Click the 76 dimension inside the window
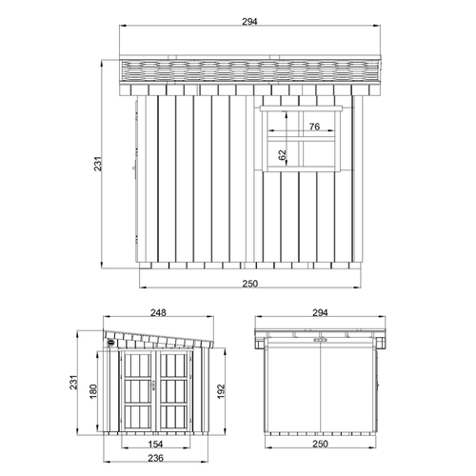point(313,127)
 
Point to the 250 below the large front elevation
point(249,283)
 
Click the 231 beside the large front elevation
point(98,166)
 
